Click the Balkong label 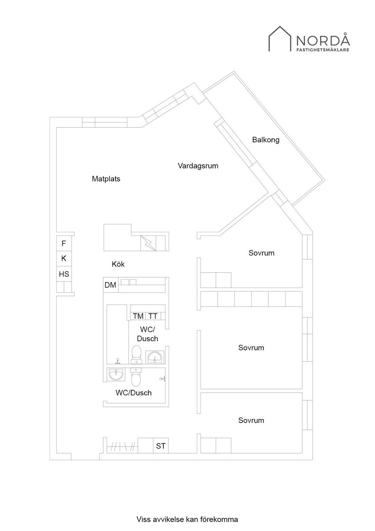pyautogui.click(x=266, y=140)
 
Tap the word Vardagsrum pyautogui.click(x=198, y=166)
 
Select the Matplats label pyautogui.click(x=106, y=179)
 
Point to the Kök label pyautogui.click(x=118, y=264)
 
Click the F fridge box pyautogui.click(x=64, y=244)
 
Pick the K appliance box pyautogui.click(x=64, y=258)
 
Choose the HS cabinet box pyautogui.click(x=64, y=274)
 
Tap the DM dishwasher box pyautogui.click(x=111, y=285)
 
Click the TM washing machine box pyautogui.click(x=138, y=316)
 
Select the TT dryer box pyautogui.click(x=153, y=316)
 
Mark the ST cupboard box pyautogui.click(x=161, y=446)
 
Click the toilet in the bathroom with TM pyautogui.click(x=136, y=354)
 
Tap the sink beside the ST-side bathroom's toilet pyautogui.click(x=116, y=375)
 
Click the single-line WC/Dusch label pyautogui.click(x=134, y=393)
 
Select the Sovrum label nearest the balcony pyautogui.click(x=261, y=253)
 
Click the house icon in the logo pyautogui.click(x=280, y=39)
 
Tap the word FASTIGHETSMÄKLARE pyautogui.click(x=323, y=50)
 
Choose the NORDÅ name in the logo pyautogui.click(x=323, y=40)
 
